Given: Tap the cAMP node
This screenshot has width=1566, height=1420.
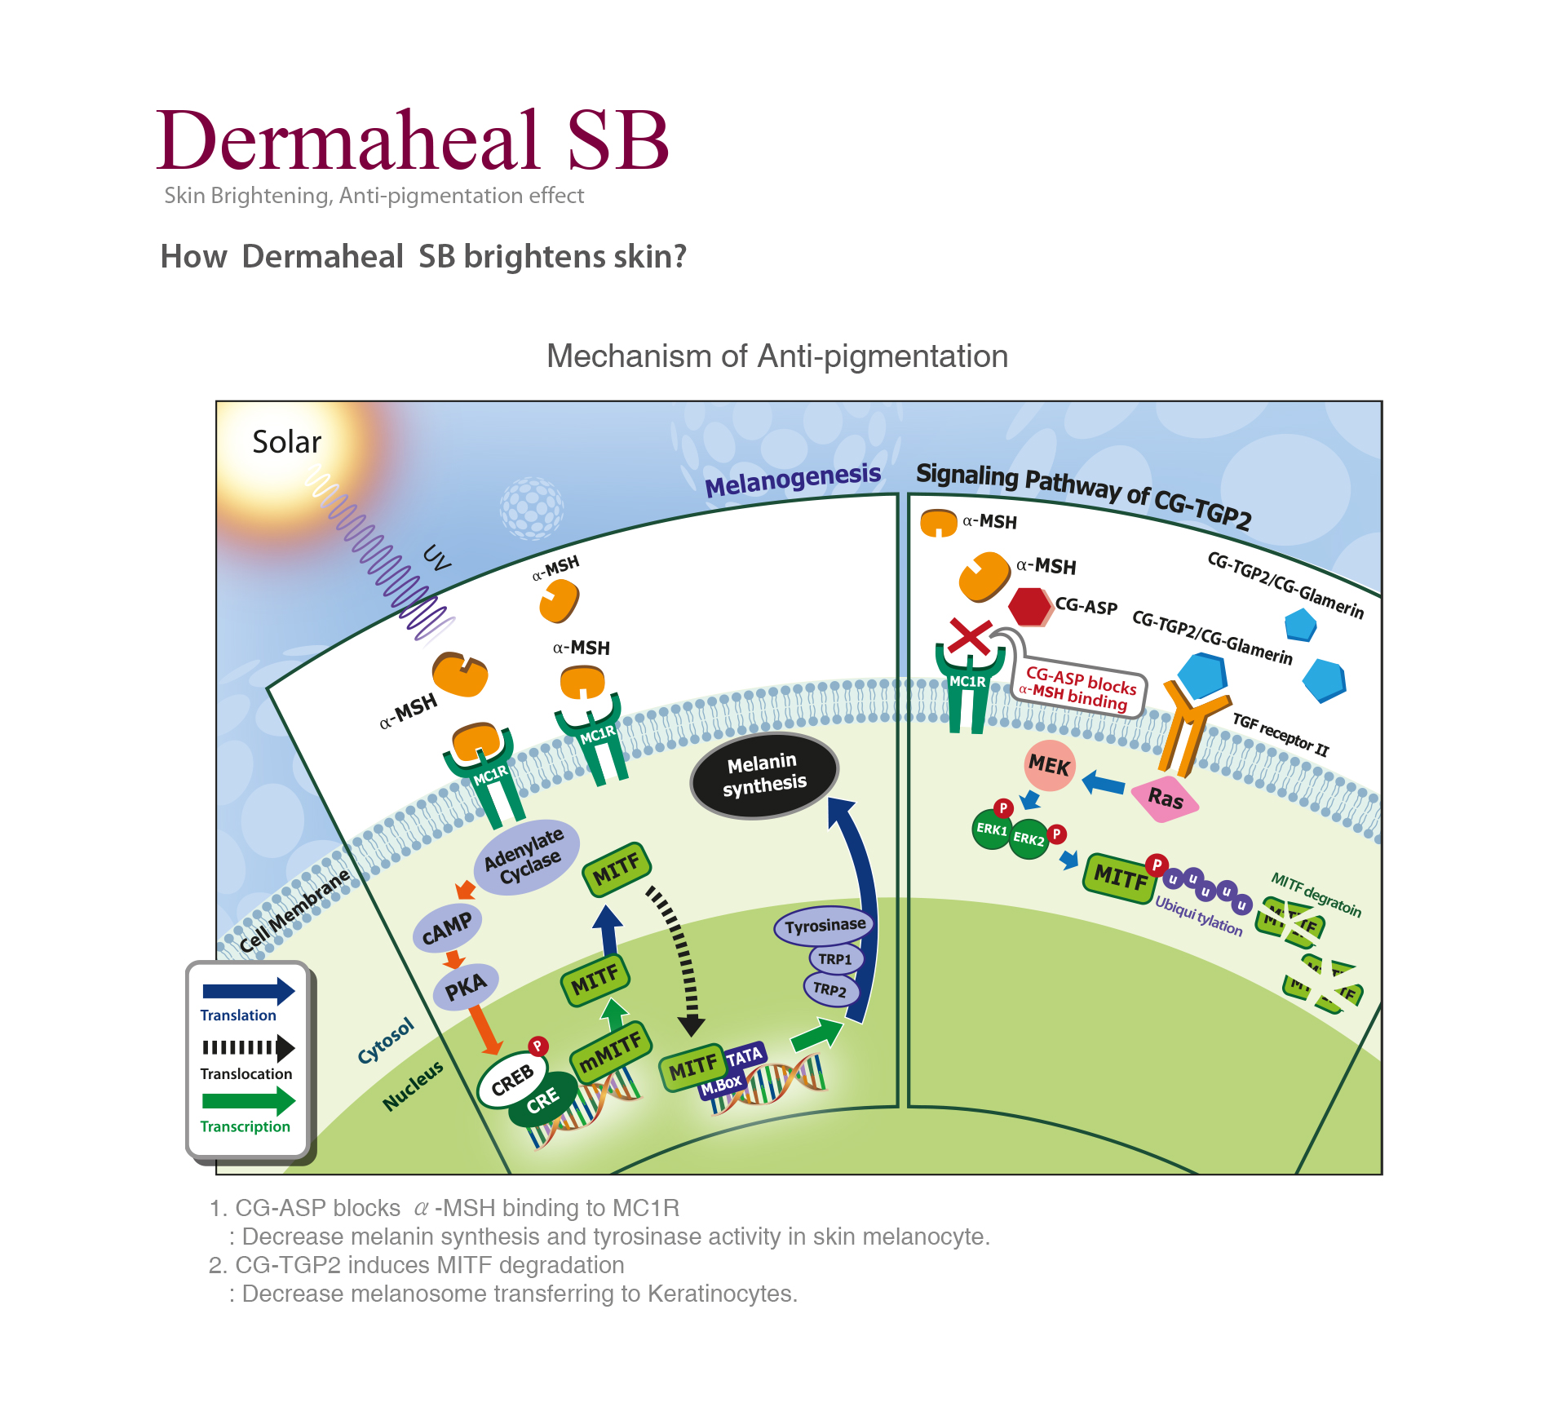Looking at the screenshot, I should click(x=447, y=928).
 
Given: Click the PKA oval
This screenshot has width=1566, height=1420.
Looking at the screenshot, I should click(x=466, y=987).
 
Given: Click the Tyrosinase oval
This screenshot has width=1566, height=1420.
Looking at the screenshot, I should click(x=824, y=926).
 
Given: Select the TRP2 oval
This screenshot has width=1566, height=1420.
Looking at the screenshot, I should click(x=830, y=989).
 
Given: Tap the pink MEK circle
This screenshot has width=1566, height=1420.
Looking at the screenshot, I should click(x=1050, y=765).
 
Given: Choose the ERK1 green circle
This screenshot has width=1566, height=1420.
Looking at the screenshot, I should click(x=991, y=829).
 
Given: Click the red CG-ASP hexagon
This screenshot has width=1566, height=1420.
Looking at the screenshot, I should click(x=1029, y=607).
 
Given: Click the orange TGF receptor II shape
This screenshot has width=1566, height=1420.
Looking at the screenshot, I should click(x=1189, y=726).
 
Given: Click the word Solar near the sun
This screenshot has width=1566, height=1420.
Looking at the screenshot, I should click(x=286, y=442).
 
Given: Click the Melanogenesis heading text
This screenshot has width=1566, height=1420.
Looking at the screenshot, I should click(x=793, y=480).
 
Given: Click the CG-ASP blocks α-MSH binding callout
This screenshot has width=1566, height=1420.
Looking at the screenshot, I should click(x=1078, y=687).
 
